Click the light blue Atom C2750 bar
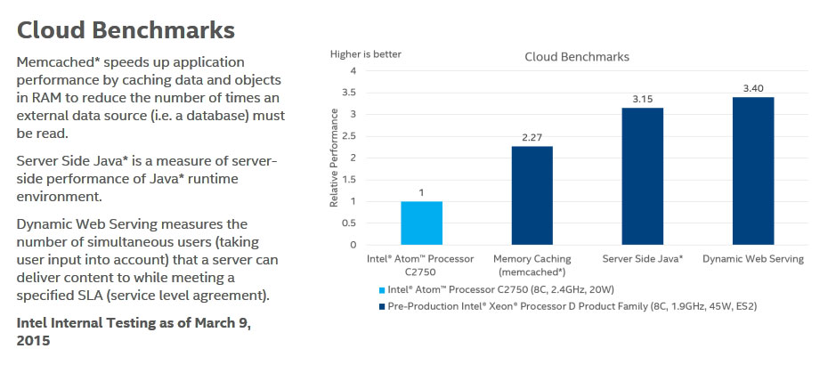click(x=421, y=223)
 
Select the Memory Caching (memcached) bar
click(x=532, y=196)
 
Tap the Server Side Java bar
click(x=642, y=176)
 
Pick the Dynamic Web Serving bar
click(x=753, y=171)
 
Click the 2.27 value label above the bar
click(x=532, y=138)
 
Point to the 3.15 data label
click(x=643, y=100)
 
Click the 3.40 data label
click(x=753, y=89)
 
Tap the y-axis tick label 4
click(x=353, y=71)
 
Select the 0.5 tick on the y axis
click(x=350, y=223)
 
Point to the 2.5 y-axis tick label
click(x=350, y=135)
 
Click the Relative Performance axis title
click(x=334, y=158)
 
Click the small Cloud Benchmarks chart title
click(x=577, y=57)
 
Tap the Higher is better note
click(x=366, y=54)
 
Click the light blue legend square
click(x=382, y=290)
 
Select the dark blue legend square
click(x=382, y=306)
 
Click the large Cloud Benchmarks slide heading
click(x=126, y=30)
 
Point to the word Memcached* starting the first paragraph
click(x=59, y=63)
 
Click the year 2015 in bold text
click(x=33, y=341)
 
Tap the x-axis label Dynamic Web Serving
click(x=753, y=259)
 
